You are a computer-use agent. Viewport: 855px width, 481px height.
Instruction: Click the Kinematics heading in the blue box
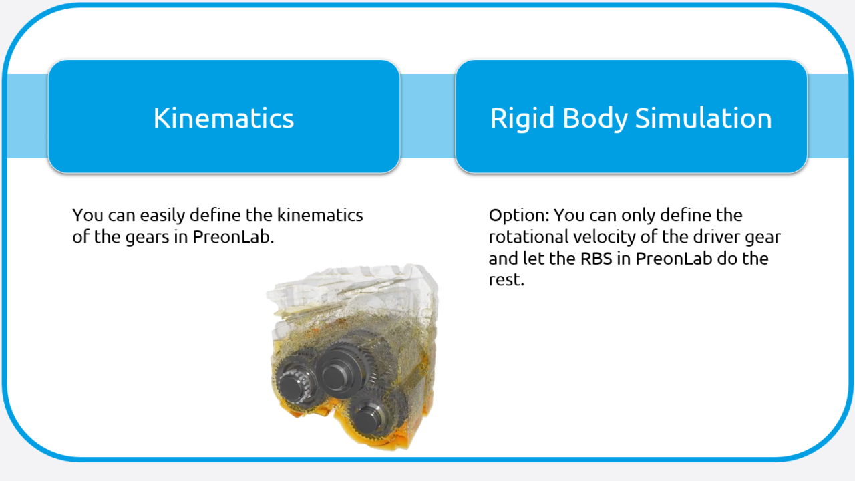click(224, 118)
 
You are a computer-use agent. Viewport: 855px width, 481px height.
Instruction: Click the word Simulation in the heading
click(703, 118)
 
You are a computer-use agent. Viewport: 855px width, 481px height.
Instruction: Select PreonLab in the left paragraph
click(233, 237)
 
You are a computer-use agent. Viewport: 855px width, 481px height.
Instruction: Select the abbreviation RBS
click(594, 259)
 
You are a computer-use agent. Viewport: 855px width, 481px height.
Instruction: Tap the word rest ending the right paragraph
click(506, 280)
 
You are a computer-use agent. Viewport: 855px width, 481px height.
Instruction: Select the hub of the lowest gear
click(367, 418)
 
